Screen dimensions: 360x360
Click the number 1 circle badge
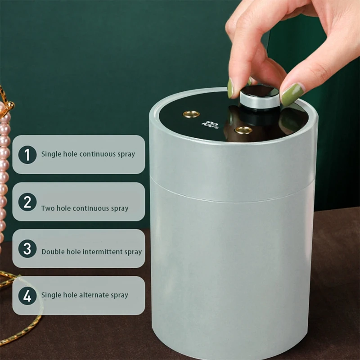(27, 155)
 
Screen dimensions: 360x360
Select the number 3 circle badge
(27, 248)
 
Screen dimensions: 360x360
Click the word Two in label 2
(47, 208)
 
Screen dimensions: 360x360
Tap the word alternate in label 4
(95, 295)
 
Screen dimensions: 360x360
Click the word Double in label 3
(53, 252)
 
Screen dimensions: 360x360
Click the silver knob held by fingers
(259, 98)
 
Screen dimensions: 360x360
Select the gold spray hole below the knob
(243, 130)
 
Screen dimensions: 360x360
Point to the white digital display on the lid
(210, 122)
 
